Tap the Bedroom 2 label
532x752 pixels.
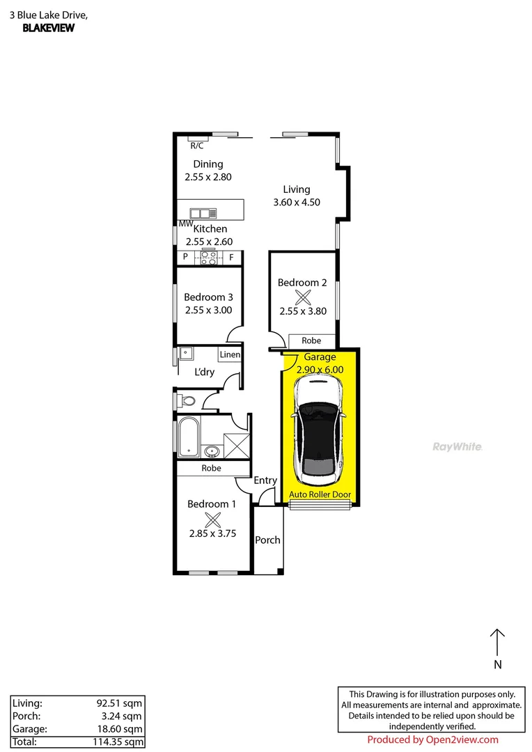point(302,283)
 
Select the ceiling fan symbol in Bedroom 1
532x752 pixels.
point(212,519)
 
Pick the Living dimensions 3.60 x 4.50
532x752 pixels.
point(296,203)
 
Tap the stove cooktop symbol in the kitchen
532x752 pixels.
point(209,257)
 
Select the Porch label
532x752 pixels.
point(267,540)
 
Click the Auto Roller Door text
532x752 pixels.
point(320,496)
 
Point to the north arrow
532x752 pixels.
point(497,642)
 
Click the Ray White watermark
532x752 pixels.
point(457,447)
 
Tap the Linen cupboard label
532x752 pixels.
point(230,354)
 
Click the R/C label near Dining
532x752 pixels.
point(197,146)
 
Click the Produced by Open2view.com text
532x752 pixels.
point(432,739)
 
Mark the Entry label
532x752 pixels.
point(265,480)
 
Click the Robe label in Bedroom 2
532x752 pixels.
point(311,340)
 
